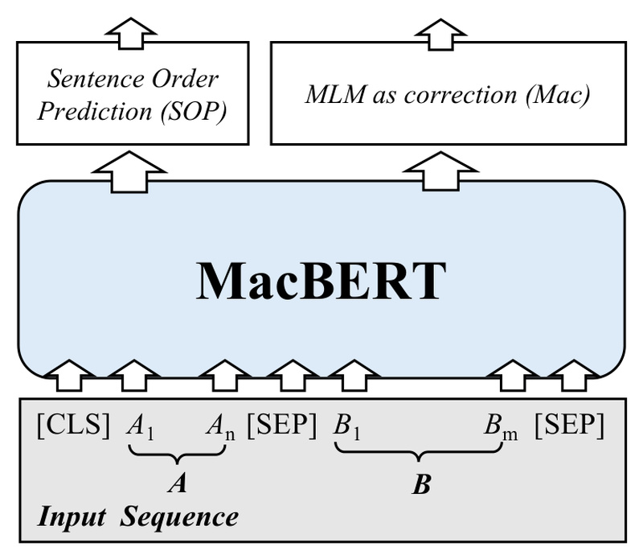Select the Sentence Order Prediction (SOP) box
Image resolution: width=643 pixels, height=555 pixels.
(133, 95)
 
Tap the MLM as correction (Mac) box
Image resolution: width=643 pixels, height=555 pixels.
(448, 95)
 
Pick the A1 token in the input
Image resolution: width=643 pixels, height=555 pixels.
(141, 427)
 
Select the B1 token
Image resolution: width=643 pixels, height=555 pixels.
(346, 427)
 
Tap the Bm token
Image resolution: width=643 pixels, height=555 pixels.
(499, 427)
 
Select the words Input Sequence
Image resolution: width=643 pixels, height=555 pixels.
(138, 516)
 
